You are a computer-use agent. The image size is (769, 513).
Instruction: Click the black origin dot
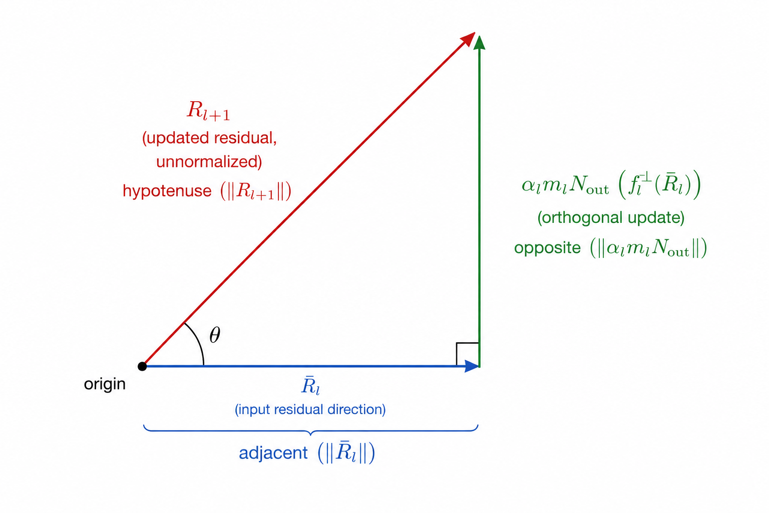coord(142,366)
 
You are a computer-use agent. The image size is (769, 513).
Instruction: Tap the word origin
coord(105,384)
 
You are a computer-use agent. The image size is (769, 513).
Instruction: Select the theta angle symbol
coord(215,335)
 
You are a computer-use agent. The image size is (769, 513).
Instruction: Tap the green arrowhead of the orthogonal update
coord(479,43)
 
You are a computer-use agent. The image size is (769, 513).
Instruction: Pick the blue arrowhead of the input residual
coord(472,366)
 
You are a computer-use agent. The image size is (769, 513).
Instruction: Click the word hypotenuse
coord(167,191)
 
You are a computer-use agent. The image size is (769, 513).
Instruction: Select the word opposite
coord(547,248)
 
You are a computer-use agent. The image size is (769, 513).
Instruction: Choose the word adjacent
coord(273,453)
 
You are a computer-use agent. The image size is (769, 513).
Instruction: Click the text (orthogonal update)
coord(611,217)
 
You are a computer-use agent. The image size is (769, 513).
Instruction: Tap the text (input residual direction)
coord(310,410)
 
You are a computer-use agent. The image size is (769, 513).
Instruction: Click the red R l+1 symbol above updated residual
coord(208,111)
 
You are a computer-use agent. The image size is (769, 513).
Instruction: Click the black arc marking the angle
coord(198,342)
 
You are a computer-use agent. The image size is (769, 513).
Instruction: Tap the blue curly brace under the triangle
coord(311,430)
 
